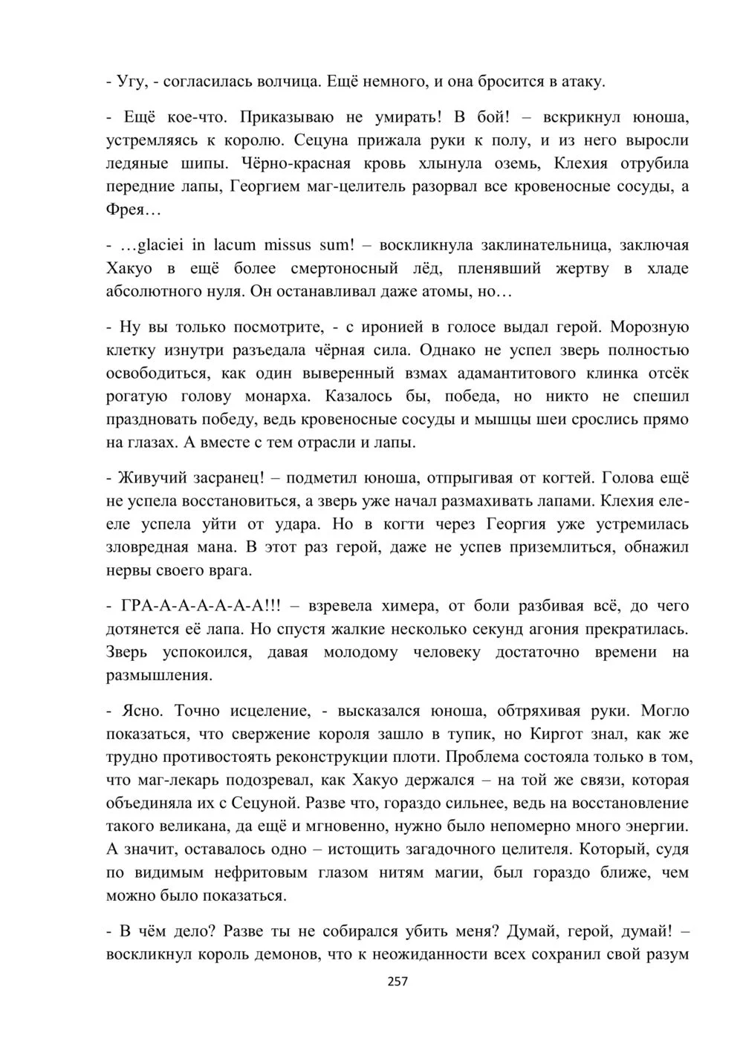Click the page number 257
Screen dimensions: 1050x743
[398, 982]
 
